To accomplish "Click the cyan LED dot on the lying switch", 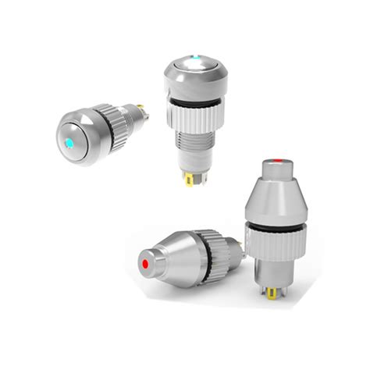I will pos(69,144).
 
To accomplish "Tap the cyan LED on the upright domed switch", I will pos(194,58).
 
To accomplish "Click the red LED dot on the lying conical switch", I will pos(144,265).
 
